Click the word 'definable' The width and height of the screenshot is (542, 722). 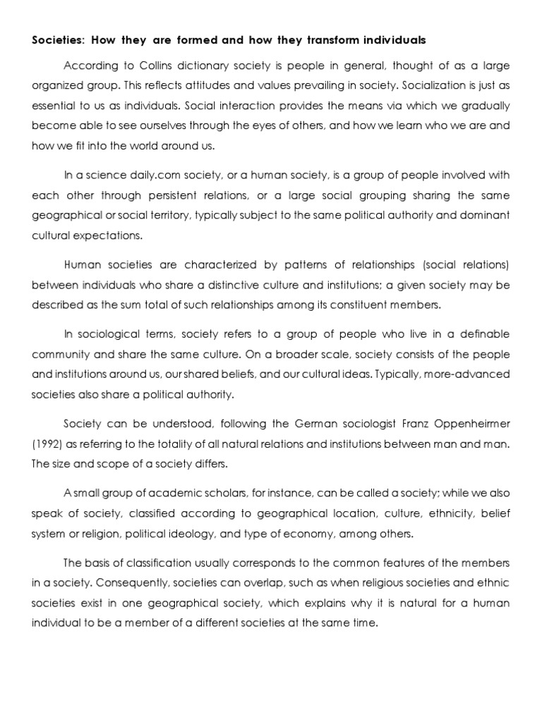coord(478,333)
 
